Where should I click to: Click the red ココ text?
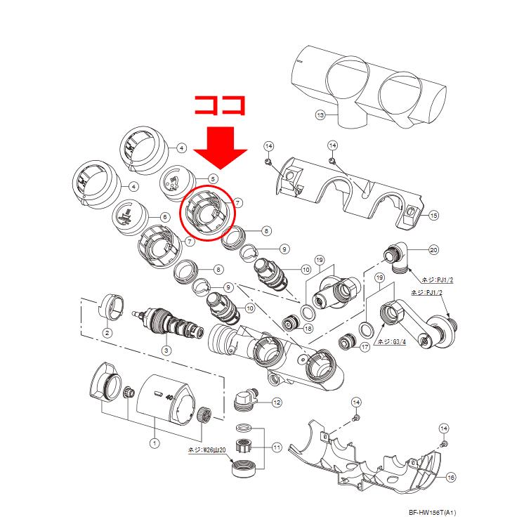point(219,105)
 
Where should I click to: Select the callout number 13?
point(320,114)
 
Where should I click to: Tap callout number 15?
point(434,215)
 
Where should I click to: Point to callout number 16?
point(451,478)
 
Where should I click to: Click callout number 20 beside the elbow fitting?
point(433,250)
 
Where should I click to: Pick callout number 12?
point(277,402)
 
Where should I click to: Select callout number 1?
point(155,442)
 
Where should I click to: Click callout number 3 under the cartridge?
point(166,350)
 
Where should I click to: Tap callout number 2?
point(107,332)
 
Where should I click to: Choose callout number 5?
point(213,178)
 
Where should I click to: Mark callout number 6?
point(164,217)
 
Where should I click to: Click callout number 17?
point(365,347)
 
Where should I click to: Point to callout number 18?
point(308,328)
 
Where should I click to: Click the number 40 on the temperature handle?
point(169,397)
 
